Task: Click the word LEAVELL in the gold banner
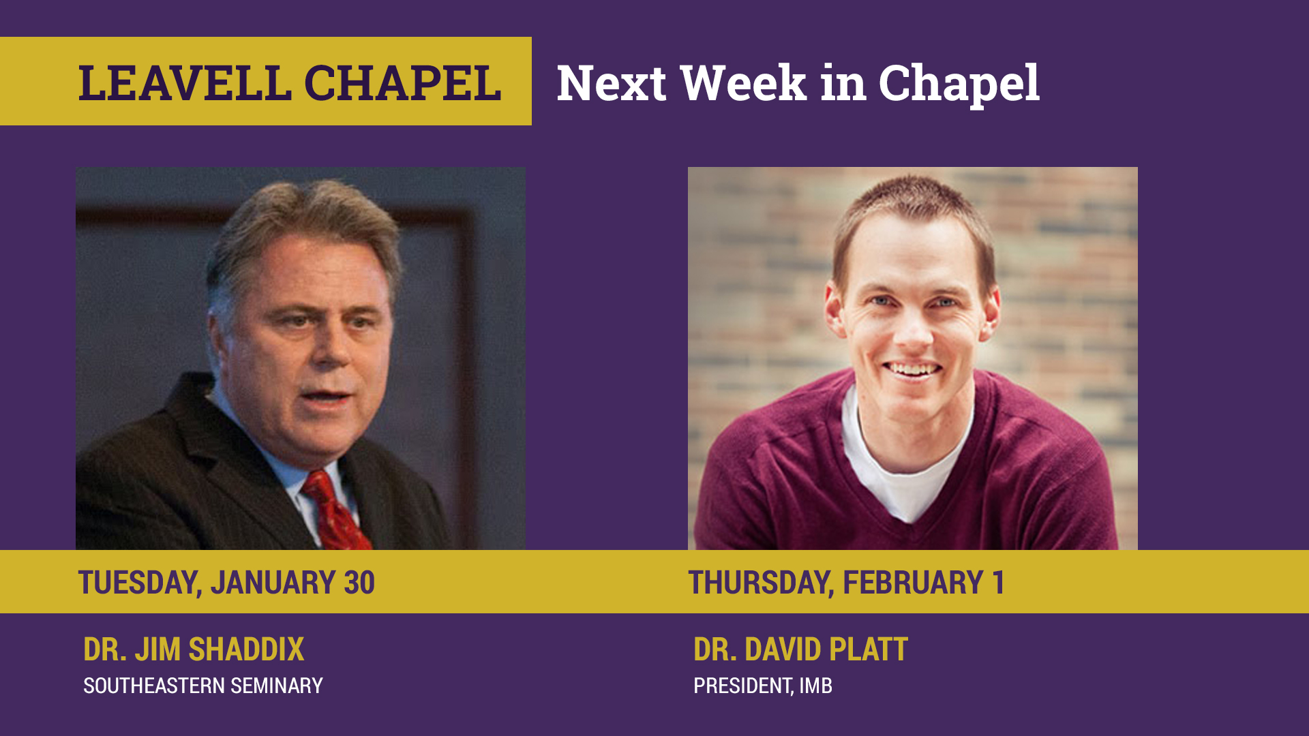click(185, 84)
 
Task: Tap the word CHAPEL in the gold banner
click(402, 84)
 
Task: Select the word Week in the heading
click(743, 83)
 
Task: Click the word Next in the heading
click(612, 83)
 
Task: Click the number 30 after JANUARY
click(359, 583)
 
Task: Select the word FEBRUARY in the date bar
click(913, 583)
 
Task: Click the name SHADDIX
click(246, 649)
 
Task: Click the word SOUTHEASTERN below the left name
click(154, 686)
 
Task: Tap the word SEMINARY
click(277, 686)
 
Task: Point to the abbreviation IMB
click(815, 686)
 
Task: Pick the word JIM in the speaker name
click(157, 649)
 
